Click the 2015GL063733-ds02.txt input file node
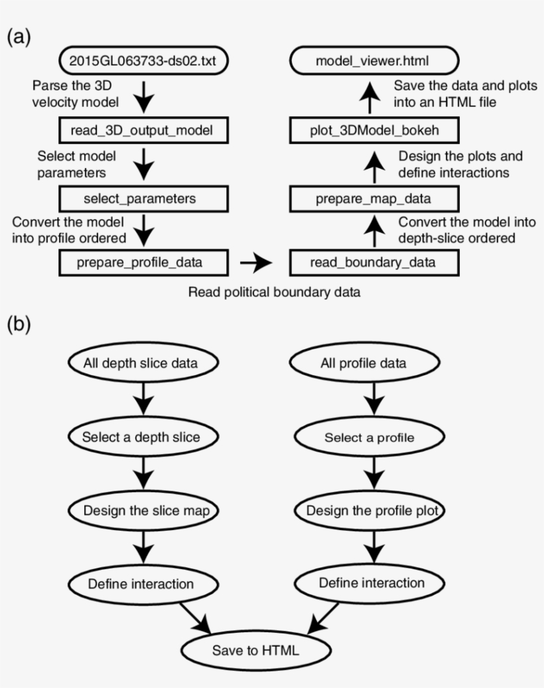144,62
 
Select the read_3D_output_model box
144,131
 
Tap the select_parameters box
144,199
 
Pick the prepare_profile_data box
144,262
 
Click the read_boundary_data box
373,262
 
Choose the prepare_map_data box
373,199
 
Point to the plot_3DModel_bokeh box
373,131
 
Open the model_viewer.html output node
373,62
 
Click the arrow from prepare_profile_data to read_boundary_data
257,263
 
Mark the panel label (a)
19,37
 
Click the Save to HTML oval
256,650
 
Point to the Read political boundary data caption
275,292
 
